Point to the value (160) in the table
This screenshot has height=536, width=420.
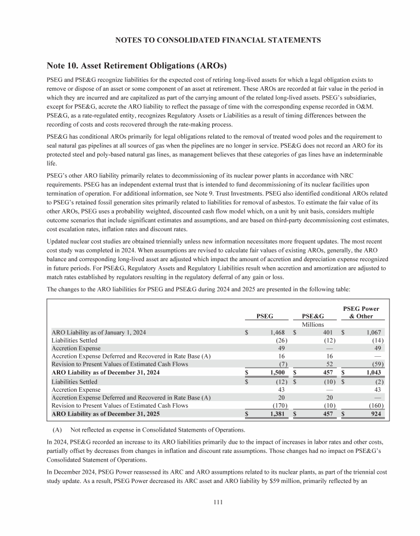[376, 405]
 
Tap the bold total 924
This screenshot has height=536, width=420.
[378, 414]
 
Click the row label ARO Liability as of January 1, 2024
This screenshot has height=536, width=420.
[98, 332]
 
